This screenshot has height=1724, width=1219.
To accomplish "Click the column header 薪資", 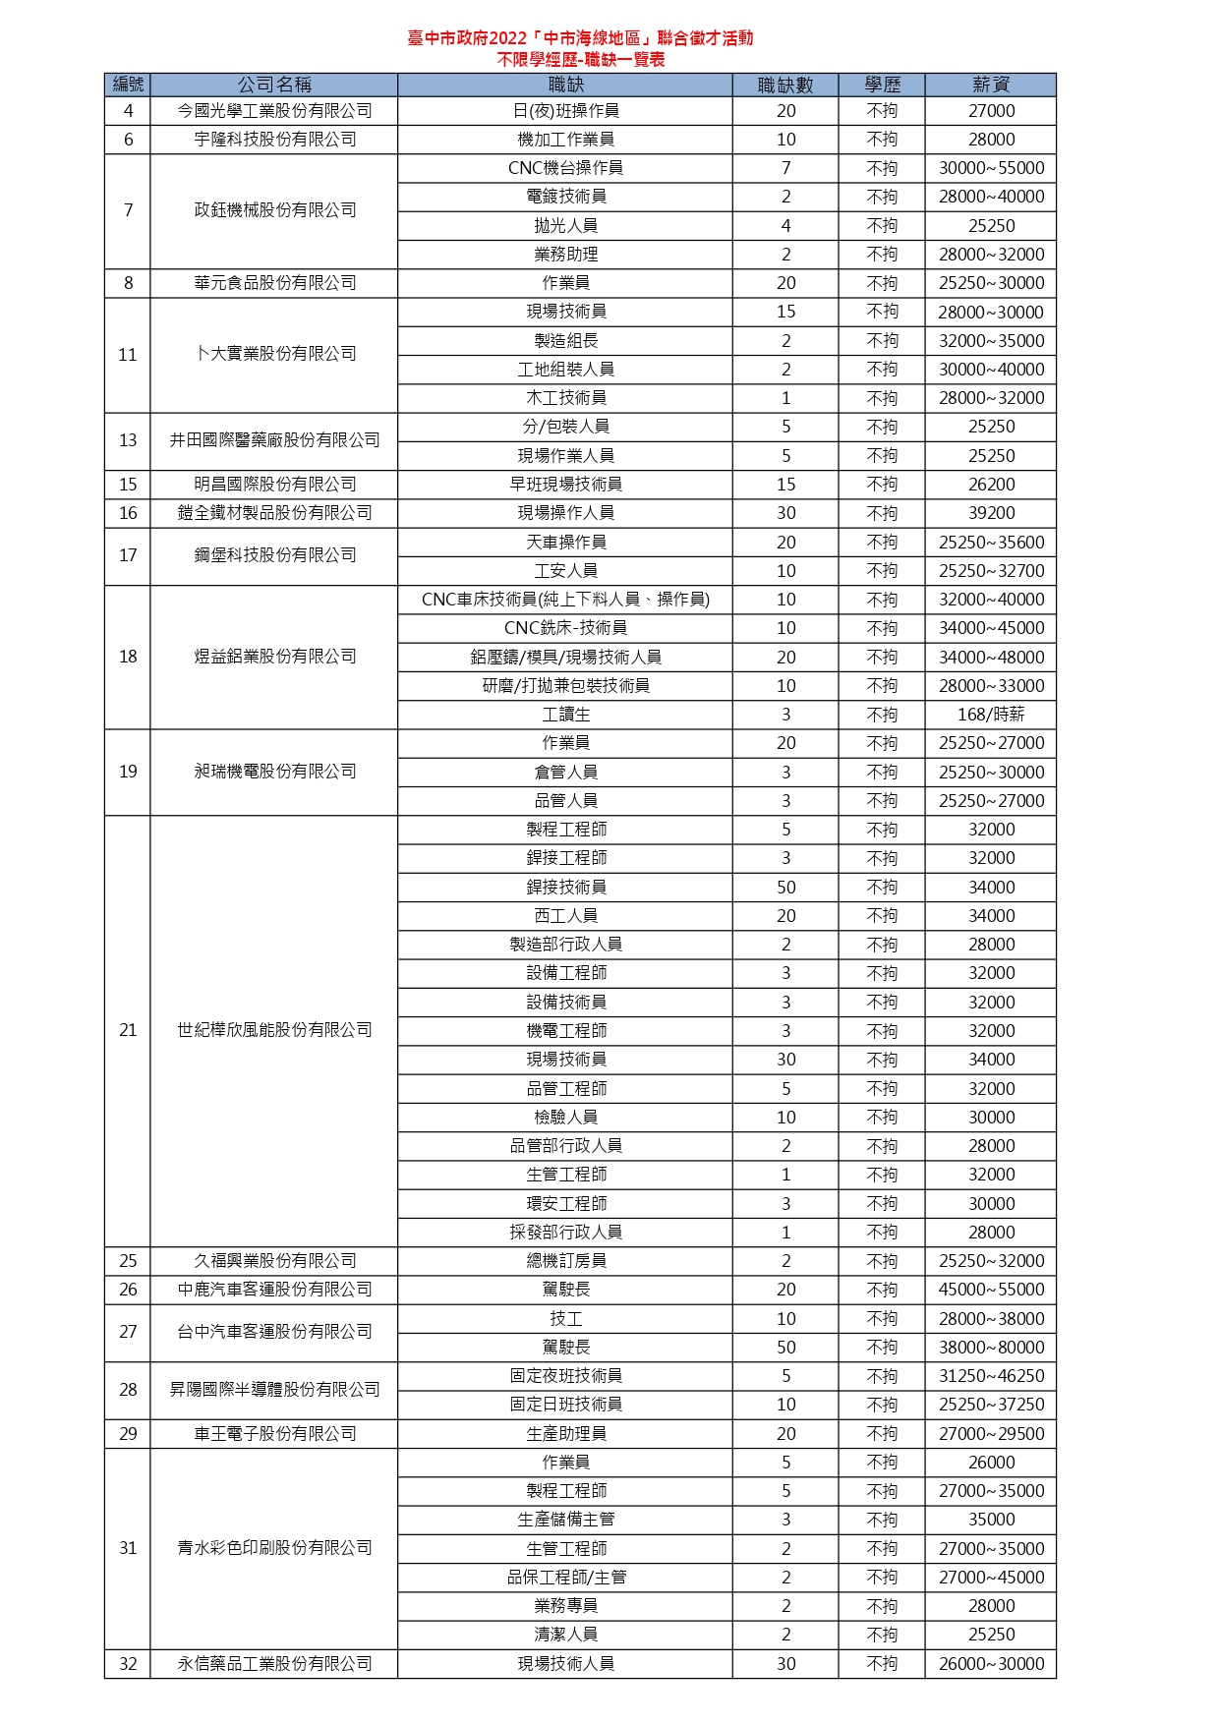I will point(990,85).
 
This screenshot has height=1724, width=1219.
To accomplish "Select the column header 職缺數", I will point(785,85).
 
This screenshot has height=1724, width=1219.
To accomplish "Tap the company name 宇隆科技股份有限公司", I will point(274,140).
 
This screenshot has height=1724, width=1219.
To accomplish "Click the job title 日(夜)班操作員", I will point(565,111).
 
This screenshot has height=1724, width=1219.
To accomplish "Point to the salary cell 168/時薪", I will point(990,715).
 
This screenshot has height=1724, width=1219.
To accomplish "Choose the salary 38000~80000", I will point(990,1348).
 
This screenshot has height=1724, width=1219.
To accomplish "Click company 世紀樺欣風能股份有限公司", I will point(274,1030).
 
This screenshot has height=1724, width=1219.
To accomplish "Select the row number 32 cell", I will point(128,1664).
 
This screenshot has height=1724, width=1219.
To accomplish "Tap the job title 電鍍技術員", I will point(565,197).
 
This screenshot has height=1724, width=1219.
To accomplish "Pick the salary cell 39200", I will point(990,513).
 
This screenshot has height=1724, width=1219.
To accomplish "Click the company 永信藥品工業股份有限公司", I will point(274,1664).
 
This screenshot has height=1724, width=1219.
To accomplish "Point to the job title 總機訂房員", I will point(565,1261).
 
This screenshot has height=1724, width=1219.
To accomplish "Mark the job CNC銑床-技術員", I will point(565,628).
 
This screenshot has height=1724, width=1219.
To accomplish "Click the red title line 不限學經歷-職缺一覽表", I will point(580,60).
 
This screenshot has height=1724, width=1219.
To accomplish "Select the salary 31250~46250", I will point(990,1376).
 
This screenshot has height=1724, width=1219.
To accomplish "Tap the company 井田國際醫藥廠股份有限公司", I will point(274,440).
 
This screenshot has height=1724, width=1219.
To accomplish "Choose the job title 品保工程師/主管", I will point(565,1578).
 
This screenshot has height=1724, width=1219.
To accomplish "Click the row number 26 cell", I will point(128,1290).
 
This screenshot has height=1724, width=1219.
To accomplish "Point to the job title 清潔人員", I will point(565,1635).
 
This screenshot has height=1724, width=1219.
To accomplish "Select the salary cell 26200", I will point(990,485).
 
